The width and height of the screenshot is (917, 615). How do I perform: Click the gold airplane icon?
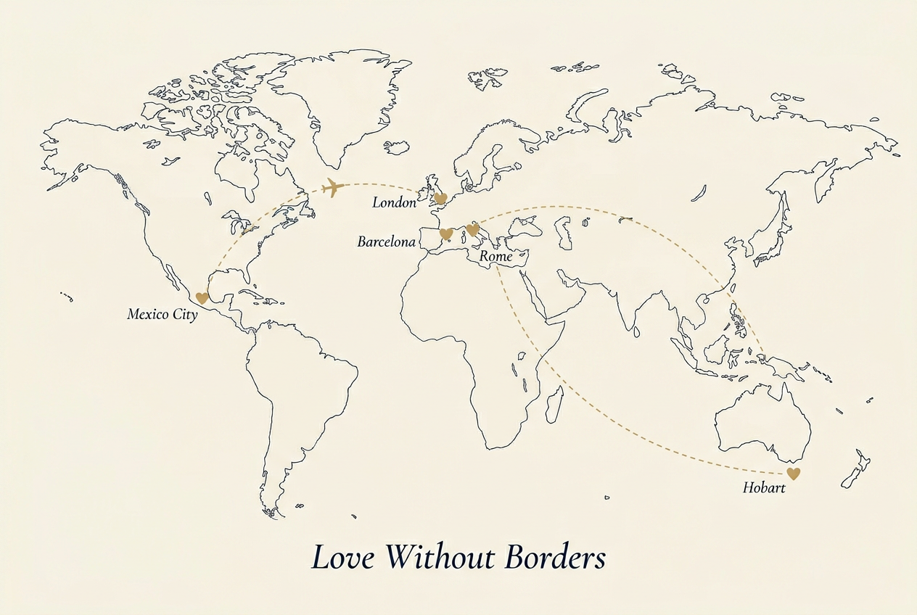[x=333, y=188]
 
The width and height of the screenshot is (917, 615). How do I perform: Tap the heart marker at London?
[x=440, y=198]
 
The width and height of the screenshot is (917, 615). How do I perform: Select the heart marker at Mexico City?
[x=202, y=297]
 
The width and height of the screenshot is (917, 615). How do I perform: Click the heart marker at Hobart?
[x=794, y=474]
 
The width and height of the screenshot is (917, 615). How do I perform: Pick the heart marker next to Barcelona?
[x=447, y=234]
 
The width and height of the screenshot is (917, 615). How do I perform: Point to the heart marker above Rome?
[x=472, y=230]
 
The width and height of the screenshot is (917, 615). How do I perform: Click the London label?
[x=394, y=203]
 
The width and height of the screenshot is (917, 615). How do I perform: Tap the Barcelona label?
[x=386, y=242]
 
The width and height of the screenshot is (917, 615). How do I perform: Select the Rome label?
[x=495, y=257]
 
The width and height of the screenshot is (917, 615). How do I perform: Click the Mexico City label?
[x=162, y=315]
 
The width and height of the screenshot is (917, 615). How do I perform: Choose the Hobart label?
[x=764, y=488]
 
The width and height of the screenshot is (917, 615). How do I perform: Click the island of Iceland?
[x=397, y=147]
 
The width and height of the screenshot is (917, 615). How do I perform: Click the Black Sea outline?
[x=525, y=225]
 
